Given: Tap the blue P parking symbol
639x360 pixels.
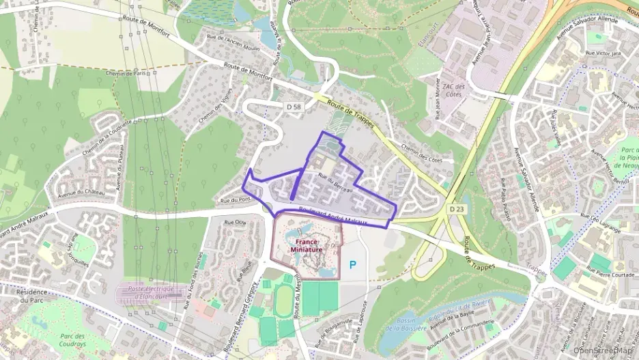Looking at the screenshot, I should (353, 264).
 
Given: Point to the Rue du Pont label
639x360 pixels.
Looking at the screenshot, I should (233, 200).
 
